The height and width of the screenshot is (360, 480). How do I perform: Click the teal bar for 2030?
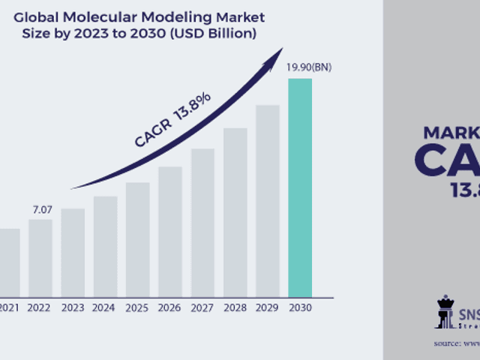[x=300, y=187]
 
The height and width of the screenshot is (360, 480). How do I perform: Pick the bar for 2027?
[x=202, y=222]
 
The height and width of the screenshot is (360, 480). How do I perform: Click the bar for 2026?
[x=170, y=231]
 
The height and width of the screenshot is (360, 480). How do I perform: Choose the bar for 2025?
[x=138, y=239]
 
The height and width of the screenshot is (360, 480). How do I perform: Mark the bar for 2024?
[x=106, y=246]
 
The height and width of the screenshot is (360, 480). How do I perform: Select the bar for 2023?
[x=73, y=252]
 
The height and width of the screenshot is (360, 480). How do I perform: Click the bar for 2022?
[x=40, y=258]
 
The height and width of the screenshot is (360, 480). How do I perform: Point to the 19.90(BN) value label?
[x=309, y=67]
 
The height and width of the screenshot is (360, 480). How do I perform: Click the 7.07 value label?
[x=41, y=208]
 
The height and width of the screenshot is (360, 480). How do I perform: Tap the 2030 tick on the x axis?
[x=300, y=307]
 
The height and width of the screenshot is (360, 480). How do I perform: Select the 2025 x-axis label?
[x=138, y=307]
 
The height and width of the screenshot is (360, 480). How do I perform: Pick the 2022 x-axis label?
[x=40, y=307]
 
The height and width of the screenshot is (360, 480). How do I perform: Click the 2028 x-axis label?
[x=235, y=307]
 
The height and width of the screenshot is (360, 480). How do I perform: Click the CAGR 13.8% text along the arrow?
[x=172, y=120]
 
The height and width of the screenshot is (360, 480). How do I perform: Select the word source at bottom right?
[x=448, y=343]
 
